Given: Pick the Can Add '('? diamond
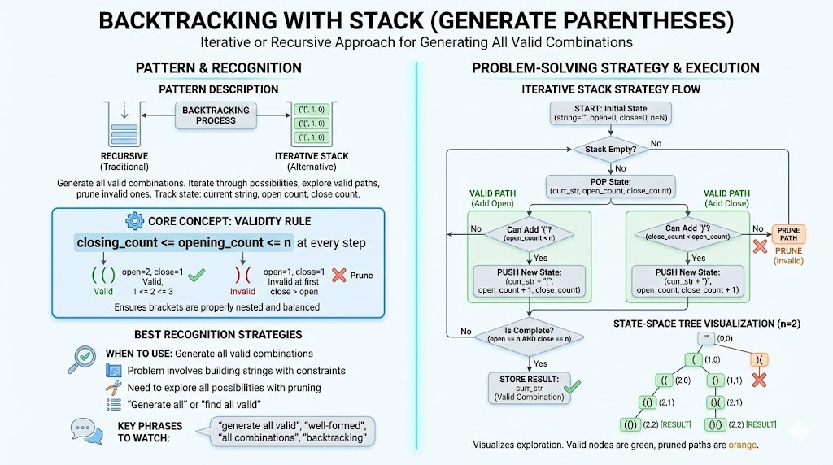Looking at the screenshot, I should [x=530, y=233].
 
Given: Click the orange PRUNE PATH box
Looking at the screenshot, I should [x=787, y=235].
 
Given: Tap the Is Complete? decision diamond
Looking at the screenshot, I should [x=529, y=335].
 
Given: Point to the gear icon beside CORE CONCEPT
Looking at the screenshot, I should [x=133, y=220].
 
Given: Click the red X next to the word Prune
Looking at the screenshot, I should [x=338, y=275].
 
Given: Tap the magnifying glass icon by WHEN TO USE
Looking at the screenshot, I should [x=84, y=358].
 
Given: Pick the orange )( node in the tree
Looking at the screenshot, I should [x=761, y=359].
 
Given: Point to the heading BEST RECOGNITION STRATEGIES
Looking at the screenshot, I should [x=220, y=334].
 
